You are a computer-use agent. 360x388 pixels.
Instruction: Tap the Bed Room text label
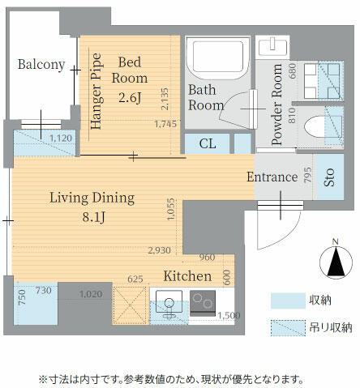click(131, 70)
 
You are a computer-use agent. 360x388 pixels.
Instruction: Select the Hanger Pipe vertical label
click(96, 90)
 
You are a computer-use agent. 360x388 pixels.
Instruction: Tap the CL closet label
click(208, 144)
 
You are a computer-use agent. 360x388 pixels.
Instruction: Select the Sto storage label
click(329, 177)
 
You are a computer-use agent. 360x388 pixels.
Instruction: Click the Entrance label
click(272, 177)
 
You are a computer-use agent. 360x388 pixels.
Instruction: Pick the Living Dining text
click(86, 196)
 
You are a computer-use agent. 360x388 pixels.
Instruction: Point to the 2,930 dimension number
click(159, 250)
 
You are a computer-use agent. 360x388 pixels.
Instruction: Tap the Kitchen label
click(187, 276)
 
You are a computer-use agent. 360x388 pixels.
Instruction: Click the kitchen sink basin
click(170, 305)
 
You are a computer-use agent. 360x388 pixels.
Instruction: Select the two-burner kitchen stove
click(202, 305)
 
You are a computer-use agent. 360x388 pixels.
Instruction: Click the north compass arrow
click(334, 262)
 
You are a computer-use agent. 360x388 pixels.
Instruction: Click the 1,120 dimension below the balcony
click(61, 139)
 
